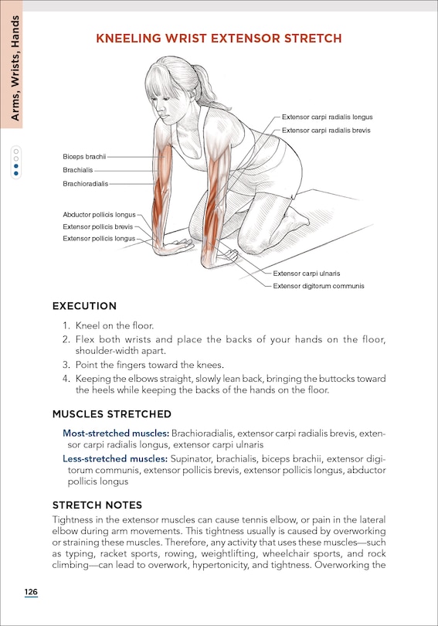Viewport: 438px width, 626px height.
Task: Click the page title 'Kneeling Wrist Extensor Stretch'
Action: point(219,38)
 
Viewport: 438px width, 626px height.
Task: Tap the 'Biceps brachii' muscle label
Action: point(84,156)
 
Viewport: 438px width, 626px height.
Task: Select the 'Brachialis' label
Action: point(78,170)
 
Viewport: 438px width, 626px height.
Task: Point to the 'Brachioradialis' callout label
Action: point(86,184)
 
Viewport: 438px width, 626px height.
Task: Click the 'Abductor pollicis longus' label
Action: point(99,214)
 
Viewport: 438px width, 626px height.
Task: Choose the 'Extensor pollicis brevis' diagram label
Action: point(98,226)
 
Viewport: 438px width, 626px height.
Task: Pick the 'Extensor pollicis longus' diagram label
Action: point(99,239)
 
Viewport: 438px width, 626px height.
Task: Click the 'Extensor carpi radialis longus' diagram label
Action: point(327,117)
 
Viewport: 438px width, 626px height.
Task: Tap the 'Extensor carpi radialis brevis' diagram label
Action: point(326,131)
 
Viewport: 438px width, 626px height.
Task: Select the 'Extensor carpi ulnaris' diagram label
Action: point(307,273)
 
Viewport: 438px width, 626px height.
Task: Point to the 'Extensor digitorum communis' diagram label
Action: point(318,286)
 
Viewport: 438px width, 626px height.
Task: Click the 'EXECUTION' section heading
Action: point(84,307)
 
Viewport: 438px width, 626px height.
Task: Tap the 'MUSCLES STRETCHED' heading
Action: point(111,414)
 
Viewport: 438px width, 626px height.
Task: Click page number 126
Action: point(30,592)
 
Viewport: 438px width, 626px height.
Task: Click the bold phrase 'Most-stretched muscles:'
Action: point(116,433)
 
